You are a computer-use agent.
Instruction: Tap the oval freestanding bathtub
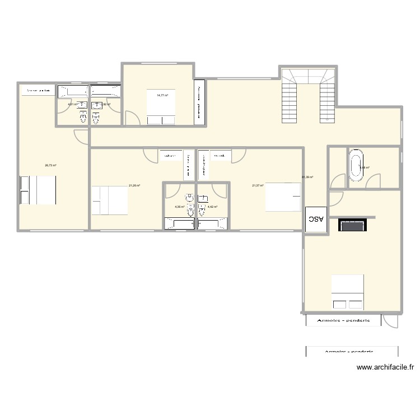point(356,167)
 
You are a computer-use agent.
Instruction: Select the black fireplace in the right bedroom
point(352,226)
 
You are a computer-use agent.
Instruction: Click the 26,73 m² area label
point(50,165)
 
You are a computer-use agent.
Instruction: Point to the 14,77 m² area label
point(162,95)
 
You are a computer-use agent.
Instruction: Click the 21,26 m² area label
point(134,185)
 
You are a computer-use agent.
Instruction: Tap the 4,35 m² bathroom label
point(179,207)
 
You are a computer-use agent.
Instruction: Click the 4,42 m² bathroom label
point(212,207)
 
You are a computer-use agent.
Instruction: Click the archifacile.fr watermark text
point(385,368)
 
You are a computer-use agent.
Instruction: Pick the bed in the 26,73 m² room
point(38,190)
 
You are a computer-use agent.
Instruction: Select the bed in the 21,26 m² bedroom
point(110,200)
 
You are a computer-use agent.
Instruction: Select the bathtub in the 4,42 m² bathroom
point(212,224)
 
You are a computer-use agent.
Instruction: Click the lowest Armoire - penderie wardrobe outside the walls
point(352,351)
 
